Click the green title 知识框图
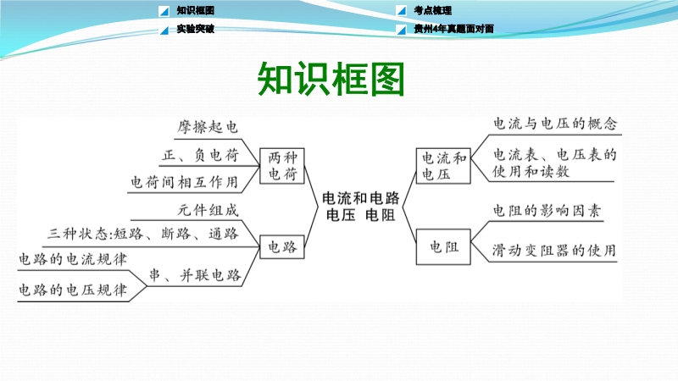(331, 79)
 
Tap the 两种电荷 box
(282, 166)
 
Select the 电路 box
(282, 246)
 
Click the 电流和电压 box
(443, 166)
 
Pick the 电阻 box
(443, 246)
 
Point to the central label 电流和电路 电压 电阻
(361, 206)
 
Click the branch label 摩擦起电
(208, 126)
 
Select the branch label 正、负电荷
(200, 155)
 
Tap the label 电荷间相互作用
(185, 182)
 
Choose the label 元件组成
(208, 210)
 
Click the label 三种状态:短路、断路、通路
(143, 234)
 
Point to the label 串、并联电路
(195, 275)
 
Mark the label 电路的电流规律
(73, 259)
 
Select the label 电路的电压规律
(73, 290)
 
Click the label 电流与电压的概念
(555, 124)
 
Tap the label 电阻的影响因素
(547, 210)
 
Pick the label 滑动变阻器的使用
(554, 250)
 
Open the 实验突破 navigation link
(196, 29)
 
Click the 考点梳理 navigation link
(432, 10)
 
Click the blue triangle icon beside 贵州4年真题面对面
(401, 30)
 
